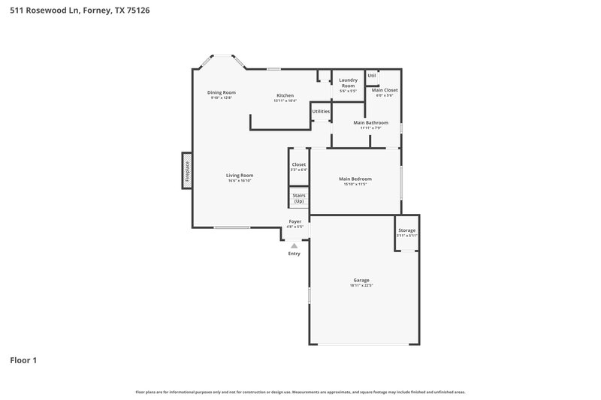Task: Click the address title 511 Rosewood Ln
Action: tap(74, 11)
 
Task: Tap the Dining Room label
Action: tap(222, 92)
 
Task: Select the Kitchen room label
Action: tap(285, 95)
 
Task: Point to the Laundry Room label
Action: tap(348, 83)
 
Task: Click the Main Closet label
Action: tap(385, 90)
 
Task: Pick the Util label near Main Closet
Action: tap(372, 76)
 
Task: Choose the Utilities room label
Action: tap(321, 111)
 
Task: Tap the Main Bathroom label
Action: tap(371, 122)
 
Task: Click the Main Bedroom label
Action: tap(355, 179)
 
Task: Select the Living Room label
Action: tap(240, 176)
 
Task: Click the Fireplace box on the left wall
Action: tap(186, 170)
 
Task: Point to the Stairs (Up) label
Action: tap(299, 198)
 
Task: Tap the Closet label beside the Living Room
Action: tap(299, 164)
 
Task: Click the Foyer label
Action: tap(295, 221)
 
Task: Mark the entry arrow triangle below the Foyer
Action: tap(294, 245)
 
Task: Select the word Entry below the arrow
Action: tap(294, 254)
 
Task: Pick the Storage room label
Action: tap(406, 230)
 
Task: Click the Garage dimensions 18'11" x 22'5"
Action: tap(361, 285)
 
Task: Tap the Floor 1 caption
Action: tap(23, 360)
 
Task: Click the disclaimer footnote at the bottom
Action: tap(300, 392)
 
